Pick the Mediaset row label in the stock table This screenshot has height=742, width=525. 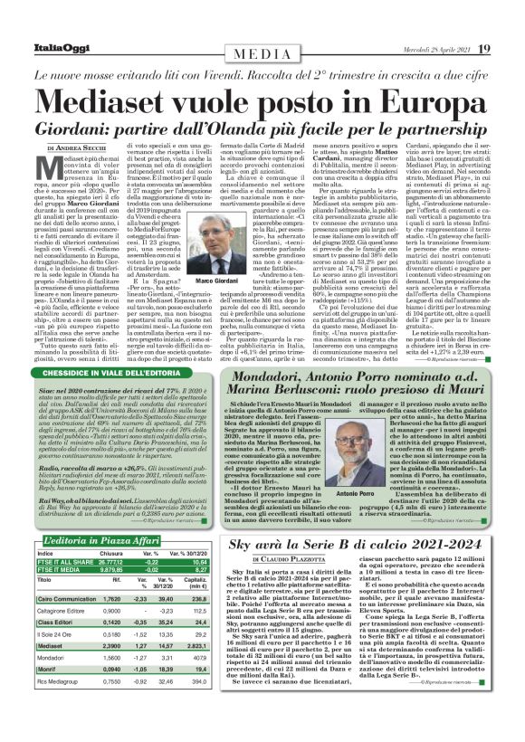point(53,647)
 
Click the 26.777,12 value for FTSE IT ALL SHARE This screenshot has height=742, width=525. point(106,563)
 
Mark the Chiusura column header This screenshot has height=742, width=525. point(110,552)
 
